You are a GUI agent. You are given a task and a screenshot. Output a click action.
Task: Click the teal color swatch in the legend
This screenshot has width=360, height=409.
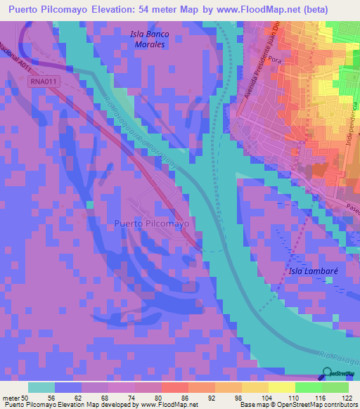pos(41,387)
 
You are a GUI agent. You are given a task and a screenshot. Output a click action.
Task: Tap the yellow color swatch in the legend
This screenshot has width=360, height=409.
pos(281,387)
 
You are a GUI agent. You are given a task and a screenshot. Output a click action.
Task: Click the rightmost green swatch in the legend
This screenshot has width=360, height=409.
pos(335,387)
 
